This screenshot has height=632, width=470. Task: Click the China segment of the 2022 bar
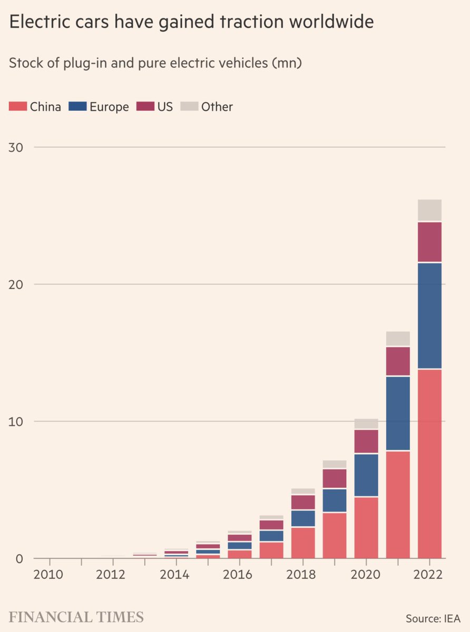(x=429, y=463)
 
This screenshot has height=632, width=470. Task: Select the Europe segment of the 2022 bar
(x=429, y=315)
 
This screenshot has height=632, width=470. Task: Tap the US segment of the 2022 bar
(x=429, y=242)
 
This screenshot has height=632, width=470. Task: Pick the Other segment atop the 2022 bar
(x=429, y=210)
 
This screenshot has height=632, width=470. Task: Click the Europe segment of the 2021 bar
(x=398, y=413)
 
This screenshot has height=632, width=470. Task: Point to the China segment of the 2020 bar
(x=366, y=527)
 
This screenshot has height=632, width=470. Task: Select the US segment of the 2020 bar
(x=366, y=441)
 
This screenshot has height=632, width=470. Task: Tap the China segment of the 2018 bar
(x=303, y=542)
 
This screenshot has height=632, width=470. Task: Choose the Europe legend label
(x=109, y=107)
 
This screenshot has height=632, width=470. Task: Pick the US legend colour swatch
(x=145, y=106)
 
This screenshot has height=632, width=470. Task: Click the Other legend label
(x=217, y=107)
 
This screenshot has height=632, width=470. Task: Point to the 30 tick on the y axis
(x=16, y=147)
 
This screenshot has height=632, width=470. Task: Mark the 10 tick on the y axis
(x=16, y=421)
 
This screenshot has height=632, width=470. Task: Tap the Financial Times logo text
(x=76, y=617)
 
